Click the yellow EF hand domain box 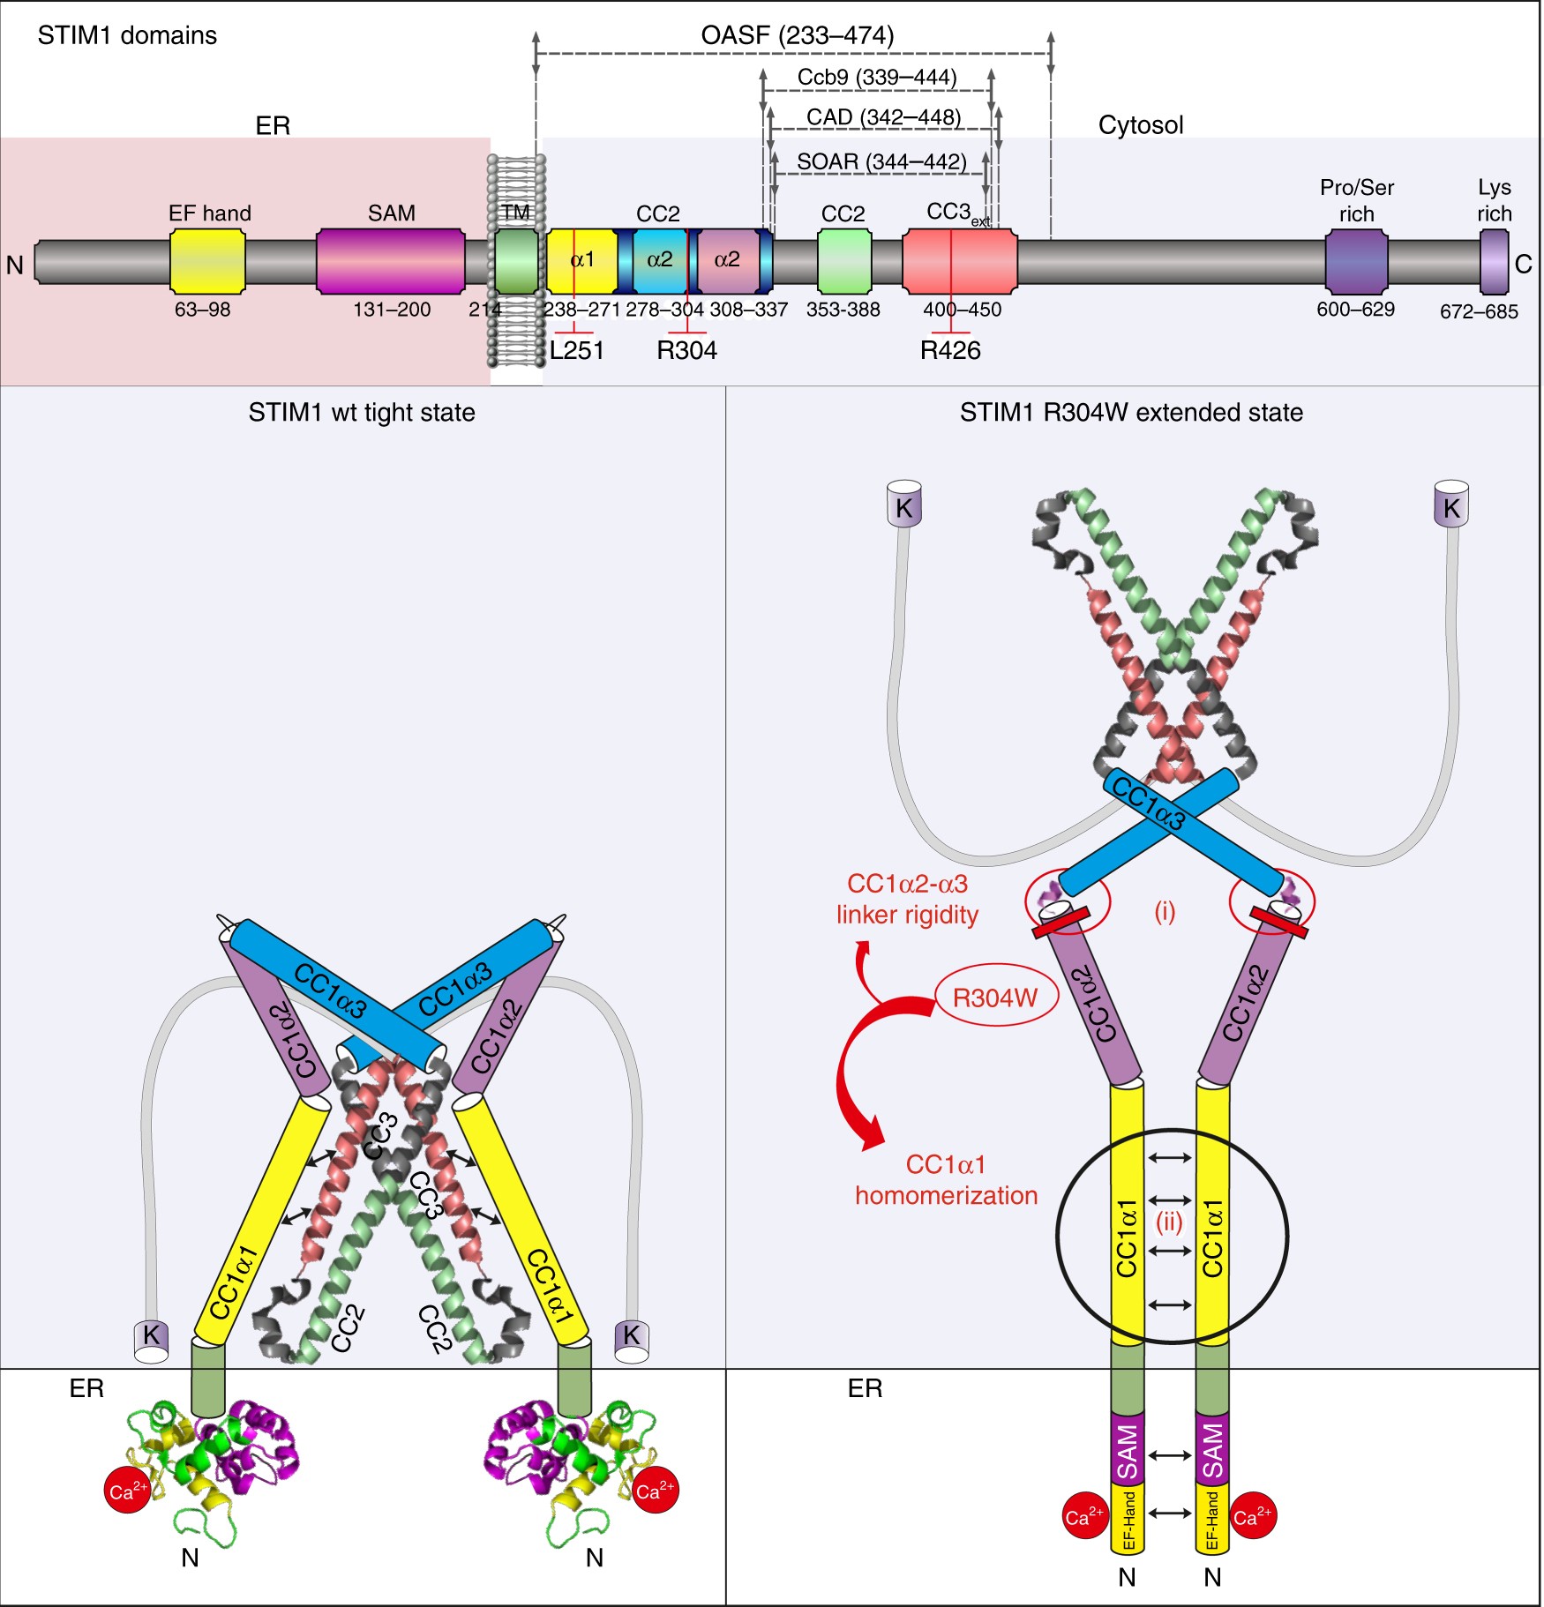207,261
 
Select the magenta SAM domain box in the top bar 391,261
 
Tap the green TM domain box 516,261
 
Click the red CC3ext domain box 960,261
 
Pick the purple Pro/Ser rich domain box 1356,261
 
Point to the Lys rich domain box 1494,261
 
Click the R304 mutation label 686,350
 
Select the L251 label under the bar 576,350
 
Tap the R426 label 950,350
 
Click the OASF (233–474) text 797,35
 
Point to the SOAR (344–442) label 881,161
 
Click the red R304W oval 995,998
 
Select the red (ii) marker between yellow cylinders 1169,1222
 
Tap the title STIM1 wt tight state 362,413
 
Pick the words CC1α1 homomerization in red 946,1180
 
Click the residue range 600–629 1355,310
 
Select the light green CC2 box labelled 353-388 844,261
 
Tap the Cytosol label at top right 1140,125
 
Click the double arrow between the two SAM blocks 1169,1456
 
